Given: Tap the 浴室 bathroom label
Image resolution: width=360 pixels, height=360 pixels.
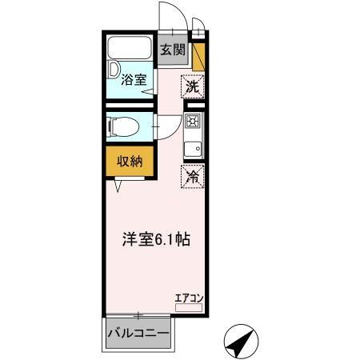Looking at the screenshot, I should tap(134, 80).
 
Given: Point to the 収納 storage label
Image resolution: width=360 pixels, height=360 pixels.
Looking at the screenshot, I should tap(130, 162).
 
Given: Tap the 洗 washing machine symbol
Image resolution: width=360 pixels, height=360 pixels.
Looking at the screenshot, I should tap(192, 86).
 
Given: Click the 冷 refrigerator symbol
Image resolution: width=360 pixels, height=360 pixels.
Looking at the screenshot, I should tap(192, 177).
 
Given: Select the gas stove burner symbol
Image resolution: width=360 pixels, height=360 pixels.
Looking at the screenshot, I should tap(192, 122).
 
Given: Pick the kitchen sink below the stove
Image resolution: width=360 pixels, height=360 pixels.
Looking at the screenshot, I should tap(192, 149).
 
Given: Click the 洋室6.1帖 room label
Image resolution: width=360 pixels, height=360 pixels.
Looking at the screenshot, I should tap(156, 239).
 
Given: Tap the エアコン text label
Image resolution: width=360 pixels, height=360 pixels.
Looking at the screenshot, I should tap(190, 298).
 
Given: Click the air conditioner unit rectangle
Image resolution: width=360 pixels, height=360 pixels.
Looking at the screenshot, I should tap(189, 307).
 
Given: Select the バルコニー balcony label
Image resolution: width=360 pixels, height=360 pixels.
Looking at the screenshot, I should tap(138, 334).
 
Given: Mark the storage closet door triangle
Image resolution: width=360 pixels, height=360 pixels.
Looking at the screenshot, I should tap(118, 185).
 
